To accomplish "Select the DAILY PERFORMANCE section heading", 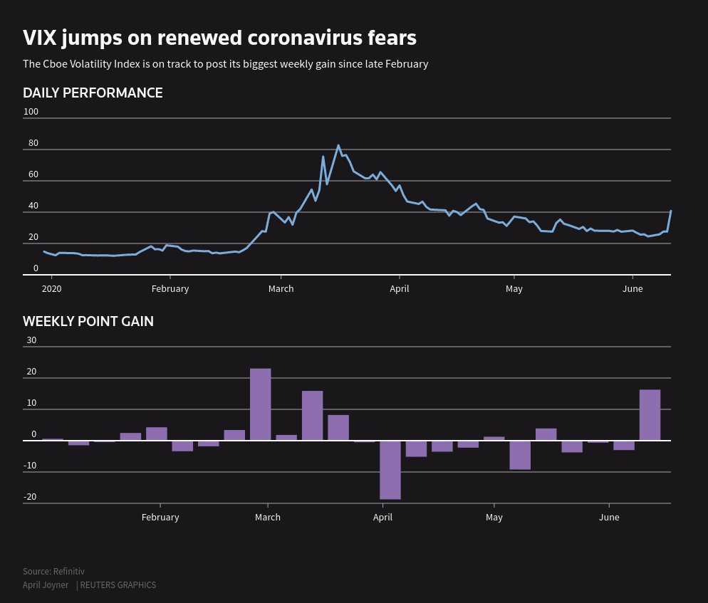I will coord(93,93).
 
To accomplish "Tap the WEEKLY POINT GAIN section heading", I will coord(88,321).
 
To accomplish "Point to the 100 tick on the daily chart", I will coord(31,112).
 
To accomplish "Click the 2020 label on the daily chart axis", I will coord(51,288).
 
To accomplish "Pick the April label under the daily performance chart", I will coord(399,288).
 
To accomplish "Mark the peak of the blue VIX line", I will coord(338,145).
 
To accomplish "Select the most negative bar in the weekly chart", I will coord(390,470).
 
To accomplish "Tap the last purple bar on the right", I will coord(650,414).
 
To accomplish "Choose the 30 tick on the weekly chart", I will coord(31,340).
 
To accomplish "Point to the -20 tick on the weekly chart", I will coord(30,497).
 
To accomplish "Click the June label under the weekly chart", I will coord(609,517).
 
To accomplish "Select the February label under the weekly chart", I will coord(160,517).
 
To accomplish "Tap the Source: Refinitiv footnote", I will coord(53,571).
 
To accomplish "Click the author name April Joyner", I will coord(46,585).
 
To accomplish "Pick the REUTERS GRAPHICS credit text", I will coord(118,585).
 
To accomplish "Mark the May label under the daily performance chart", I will coord(514,288).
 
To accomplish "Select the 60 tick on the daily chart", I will coord(33,174).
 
